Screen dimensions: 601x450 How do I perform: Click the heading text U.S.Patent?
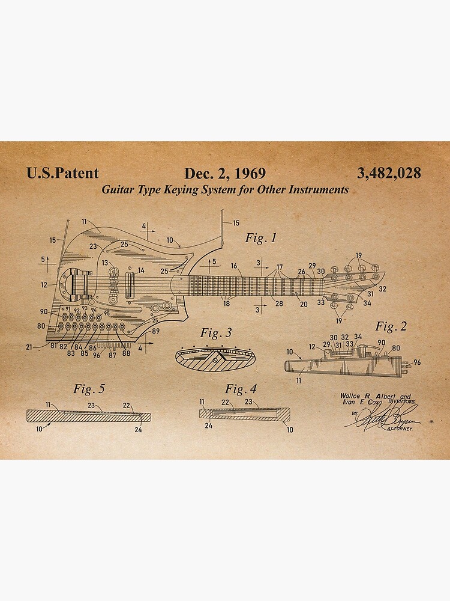pos(62,174)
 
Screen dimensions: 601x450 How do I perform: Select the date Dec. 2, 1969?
pos(225,174)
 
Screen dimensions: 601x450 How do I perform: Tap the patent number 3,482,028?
pos(389,174)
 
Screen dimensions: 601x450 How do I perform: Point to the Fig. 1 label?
pos(261,238)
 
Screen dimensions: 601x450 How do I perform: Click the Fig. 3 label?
pos(216,332)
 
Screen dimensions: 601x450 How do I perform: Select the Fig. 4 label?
pos(241,389)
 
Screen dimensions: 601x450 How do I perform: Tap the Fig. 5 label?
pos(89,389)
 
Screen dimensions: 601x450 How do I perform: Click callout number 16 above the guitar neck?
pos(233,266)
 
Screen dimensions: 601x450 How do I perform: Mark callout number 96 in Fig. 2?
pos(417,362)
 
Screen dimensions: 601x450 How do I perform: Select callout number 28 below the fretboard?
pos(279,304)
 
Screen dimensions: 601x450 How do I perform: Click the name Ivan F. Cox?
pos(358,402)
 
